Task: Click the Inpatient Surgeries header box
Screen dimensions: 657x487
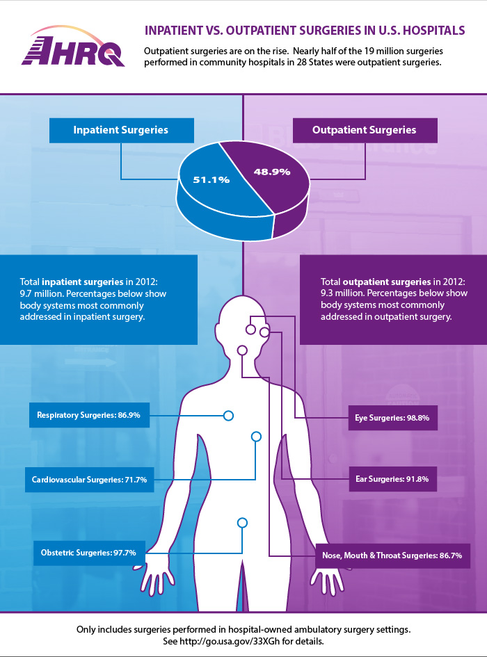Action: (x=121, y=130)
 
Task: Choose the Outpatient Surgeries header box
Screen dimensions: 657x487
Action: (x=365, y=130)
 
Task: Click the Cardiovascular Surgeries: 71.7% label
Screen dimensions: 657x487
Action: (x=89, y=480)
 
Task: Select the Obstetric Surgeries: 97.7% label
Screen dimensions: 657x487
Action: (x=88, y=553)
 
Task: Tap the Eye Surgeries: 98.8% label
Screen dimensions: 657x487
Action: (x=392, y=419)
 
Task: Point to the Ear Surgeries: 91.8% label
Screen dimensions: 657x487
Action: (x=392, y=479)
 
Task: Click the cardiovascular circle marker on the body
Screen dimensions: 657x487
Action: (x=255, y=437)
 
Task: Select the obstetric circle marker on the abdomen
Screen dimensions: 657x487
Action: (x=242, y=522)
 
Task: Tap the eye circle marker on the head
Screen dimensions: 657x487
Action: (x=251, y=327)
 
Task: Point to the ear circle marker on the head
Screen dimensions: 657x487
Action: (x=264, y=334)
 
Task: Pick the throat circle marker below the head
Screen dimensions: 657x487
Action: (x=242, y=350)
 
